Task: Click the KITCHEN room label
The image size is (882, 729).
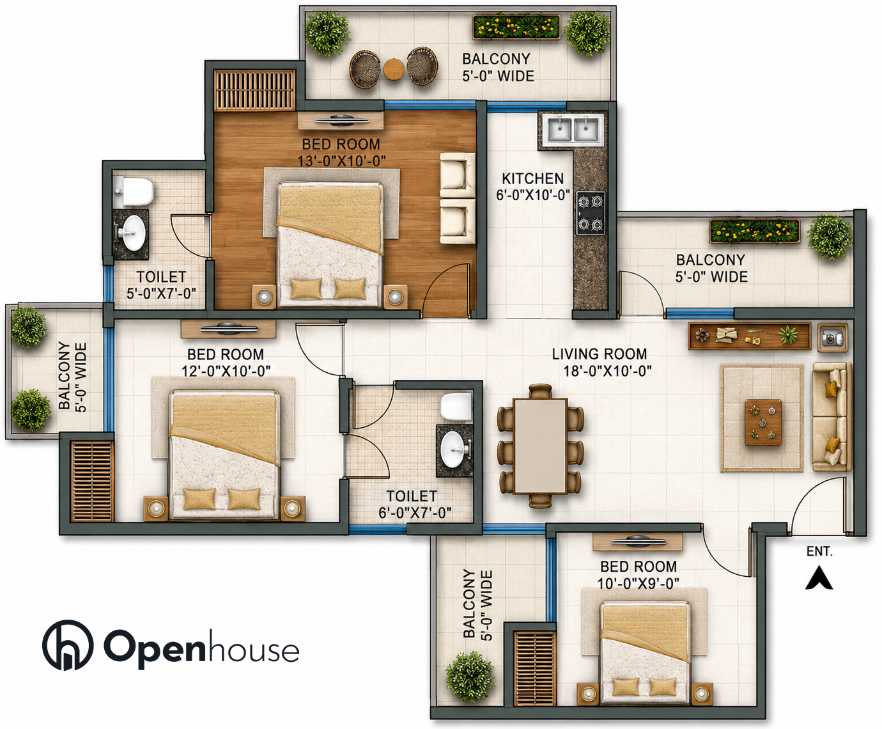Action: (x=532, y=179)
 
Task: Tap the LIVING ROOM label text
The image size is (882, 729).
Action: (x=599, y=354)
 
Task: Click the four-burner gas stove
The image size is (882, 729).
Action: (x=591, y=213)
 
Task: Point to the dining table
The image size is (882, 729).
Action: (x=540, y=446)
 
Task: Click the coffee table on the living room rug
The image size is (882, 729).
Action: (x=763, y=422)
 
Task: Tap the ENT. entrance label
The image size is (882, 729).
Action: (x=819, y=551)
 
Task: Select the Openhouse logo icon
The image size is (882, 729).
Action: (x=68, y=645)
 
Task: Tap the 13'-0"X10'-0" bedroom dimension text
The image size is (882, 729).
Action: (x=341, y=161)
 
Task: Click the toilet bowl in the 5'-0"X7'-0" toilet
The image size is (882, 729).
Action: (x=134, y=191)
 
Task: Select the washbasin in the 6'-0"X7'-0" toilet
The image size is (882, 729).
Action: (x=453, y=450)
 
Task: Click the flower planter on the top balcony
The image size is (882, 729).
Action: (x=516, y=27)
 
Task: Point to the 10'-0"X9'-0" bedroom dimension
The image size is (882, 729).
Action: (x=638, y=583)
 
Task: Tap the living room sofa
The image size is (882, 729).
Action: (x=831, y=417)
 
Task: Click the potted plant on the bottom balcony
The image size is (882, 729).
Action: (x=470, y=677)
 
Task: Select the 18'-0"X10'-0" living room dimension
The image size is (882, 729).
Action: (x=607, y=371)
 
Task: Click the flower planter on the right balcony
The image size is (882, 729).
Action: (x=754, y=231)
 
